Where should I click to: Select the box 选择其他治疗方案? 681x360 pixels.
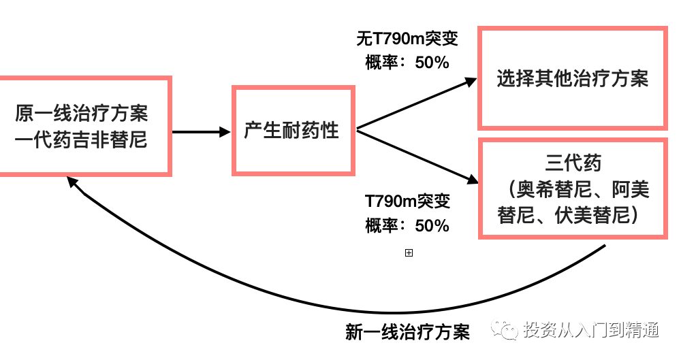pyautogui.click(x=572, y=78)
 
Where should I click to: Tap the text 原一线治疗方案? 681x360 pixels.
pyautogui.click(x=82, y=112)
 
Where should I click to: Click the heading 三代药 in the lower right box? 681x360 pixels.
pyautogui.click(x=573, y=163)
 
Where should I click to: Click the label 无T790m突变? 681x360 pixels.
pyautogui.click(x=407, y=38)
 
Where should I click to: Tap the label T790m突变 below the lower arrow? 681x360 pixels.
pyautogui.click(x=407, y=201)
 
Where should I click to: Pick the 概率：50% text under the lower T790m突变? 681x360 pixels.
pyautogui.click(x=407, y=225)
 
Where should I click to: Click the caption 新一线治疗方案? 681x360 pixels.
pyautogui.click(x=407, y=333)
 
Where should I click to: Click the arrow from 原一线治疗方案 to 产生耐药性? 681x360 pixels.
pyautogui.click(x=201, y=132)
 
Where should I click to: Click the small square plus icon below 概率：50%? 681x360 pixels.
pyautogui.click(x=409, y=253)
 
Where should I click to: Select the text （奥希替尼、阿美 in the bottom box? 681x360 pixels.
pyautogui.click(x=573, y=189)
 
